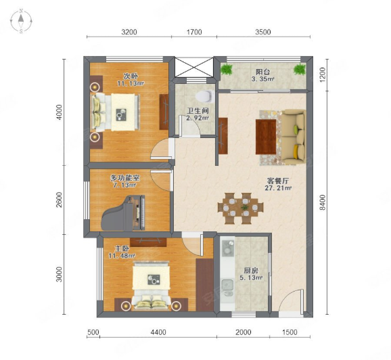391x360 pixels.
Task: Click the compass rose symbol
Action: coord(21,21)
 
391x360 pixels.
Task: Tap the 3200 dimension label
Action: coord(129,32)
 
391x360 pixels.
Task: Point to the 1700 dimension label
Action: coord(194,32)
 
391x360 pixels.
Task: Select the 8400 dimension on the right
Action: coord(323,202)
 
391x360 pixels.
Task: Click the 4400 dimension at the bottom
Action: coord(158,332)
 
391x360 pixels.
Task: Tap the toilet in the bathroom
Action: coord(205,96)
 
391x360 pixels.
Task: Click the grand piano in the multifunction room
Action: coord(123,212)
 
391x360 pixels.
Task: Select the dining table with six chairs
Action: coord(240,208)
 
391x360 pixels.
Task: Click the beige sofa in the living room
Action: coord(293,137)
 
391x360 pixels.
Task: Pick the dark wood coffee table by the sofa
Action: coord(266,137)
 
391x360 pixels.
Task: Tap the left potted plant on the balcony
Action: coord(227,69)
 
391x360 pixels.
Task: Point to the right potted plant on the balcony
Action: coord(299,69)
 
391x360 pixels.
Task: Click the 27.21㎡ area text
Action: coord(278,188)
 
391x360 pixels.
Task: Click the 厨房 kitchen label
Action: coord(250,271)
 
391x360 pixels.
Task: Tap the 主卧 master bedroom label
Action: coord(122,248)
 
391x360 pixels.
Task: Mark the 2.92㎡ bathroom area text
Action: coord(198,118)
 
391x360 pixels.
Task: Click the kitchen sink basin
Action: coord(227,284)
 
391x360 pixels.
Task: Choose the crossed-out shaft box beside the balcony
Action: coord(194,68)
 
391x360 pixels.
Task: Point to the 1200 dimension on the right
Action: coord(323,74)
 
